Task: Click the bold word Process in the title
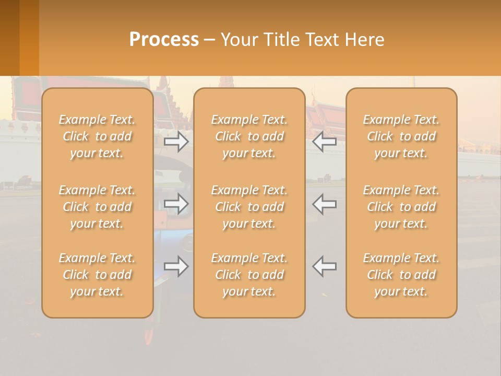[164, 40]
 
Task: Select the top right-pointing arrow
[176, 142]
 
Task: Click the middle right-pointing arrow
[176, 204]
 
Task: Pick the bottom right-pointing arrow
[176, 266]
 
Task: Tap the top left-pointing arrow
[324, 142]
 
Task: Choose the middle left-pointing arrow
[324, 204]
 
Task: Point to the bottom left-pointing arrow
[324, 266]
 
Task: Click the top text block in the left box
[97, 136]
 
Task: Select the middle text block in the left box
[97, 207]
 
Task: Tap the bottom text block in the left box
[97, 275]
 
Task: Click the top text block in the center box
[249, 136]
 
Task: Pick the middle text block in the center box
[249, 207]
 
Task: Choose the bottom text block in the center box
[249, 275]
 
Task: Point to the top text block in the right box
[401, 136]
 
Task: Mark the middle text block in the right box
[401, 207]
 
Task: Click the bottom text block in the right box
[401, 275]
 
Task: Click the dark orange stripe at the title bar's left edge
[9, 38]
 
